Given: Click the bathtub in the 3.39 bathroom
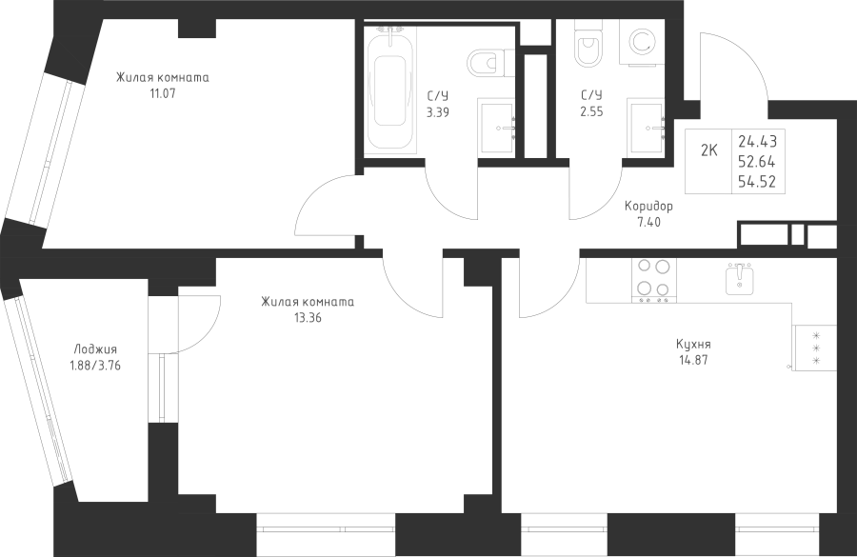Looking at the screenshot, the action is [x=390, y=90].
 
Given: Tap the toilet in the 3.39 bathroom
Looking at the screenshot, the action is [x=490, y=63].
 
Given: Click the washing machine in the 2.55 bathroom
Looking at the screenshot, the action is [x=641, y=43].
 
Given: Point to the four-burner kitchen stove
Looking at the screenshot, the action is [x=653, y=280].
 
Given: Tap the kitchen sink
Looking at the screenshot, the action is [x=740, y=279].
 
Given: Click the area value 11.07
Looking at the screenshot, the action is [x=162, y=93].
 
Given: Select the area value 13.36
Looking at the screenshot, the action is [x=308, y=318].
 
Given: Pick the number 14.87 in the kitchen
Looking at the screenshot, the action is [x=693, y=360].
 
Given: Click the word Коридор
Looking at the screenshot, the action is [x=648, y=207].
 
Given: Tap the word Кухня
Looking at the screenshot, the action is [x=693, y=345].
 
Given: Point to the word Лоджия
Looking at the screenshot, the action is [x=95, y=349].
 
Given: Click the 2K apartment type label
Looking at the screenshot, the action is [x=708, y=150].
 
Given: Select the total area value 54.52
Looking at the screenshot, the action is [x=757, y=182].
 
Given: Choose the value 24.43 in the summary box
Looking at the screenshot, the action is [x=758, y=142].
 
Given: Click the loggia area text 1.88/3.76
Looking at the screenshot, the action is [x=95, y=365].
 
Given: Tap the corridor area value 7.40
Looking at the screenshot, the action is [x=648, y=222].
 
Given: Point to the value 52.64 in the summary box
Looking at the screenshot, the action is [x=757, y=162].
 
